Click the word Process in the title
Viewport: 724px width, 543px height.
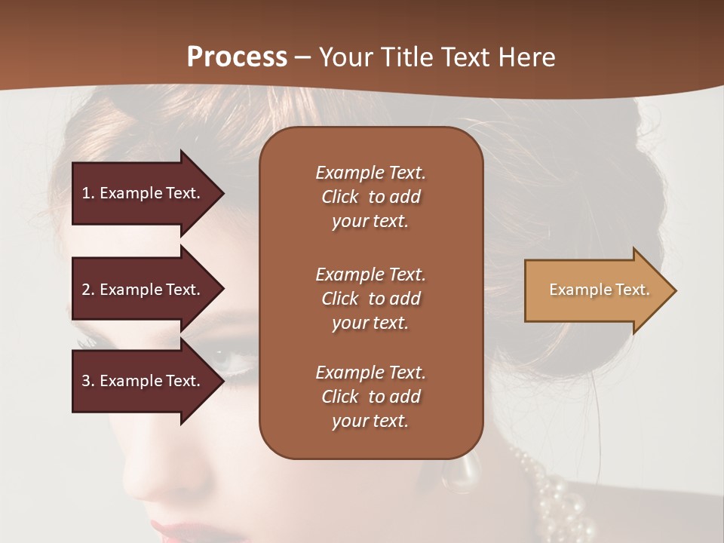237,57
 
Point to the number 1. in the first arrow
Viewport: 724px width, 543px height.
88,194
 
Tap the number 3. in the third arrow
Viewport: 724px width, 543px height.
88,382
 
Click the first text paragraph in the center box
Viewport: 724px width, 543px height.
370,197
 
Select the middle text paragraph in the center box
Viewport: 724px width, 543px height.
370,299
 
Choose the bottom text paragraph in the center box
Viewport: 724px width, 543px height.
370,397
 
